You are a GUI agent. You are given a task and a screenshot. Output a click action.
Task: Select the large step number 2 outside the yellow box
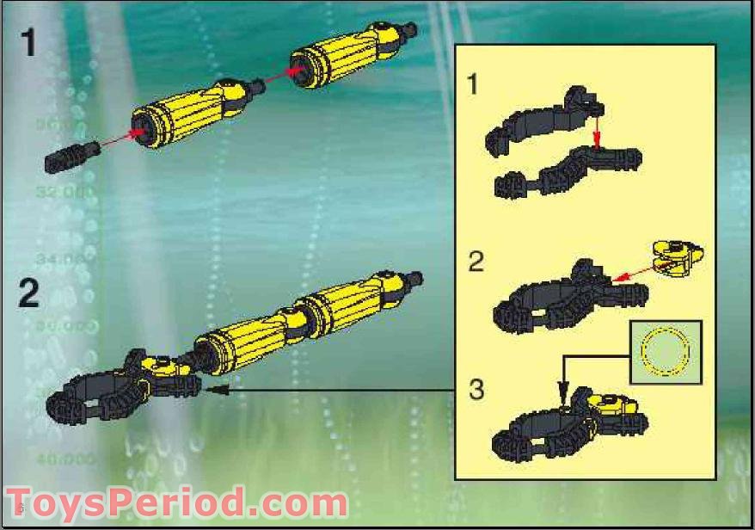click(29, 293)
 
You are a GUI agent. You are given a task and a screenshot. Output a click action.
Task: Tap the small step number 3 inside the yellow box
click(476, 390)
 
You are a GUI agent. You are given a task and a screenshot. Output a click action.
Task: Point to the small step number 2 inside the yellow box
click(476, 260)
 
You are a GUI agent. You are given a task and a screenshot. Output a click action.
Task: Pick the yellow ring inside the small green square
click(666, 352)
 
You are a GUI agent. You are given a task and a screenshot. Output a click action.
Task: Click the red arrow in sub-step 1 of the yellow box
click(595, 129)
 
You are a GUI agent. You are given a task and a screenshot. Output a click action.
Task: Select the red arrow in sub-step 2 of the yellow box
click(635, 273)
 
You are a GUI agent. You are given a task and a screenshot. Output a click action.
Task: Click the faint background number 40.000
click(64, 459)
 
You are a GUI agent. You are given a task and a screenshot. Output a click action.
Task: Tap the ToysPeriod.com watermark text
click(176, 504)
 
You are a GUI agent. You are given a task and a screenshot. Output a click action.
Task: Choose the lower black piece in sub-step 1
click(568, 172)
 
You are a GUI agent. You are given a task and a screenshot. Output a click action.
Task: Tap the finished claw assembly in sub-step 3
click(568, 427)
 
